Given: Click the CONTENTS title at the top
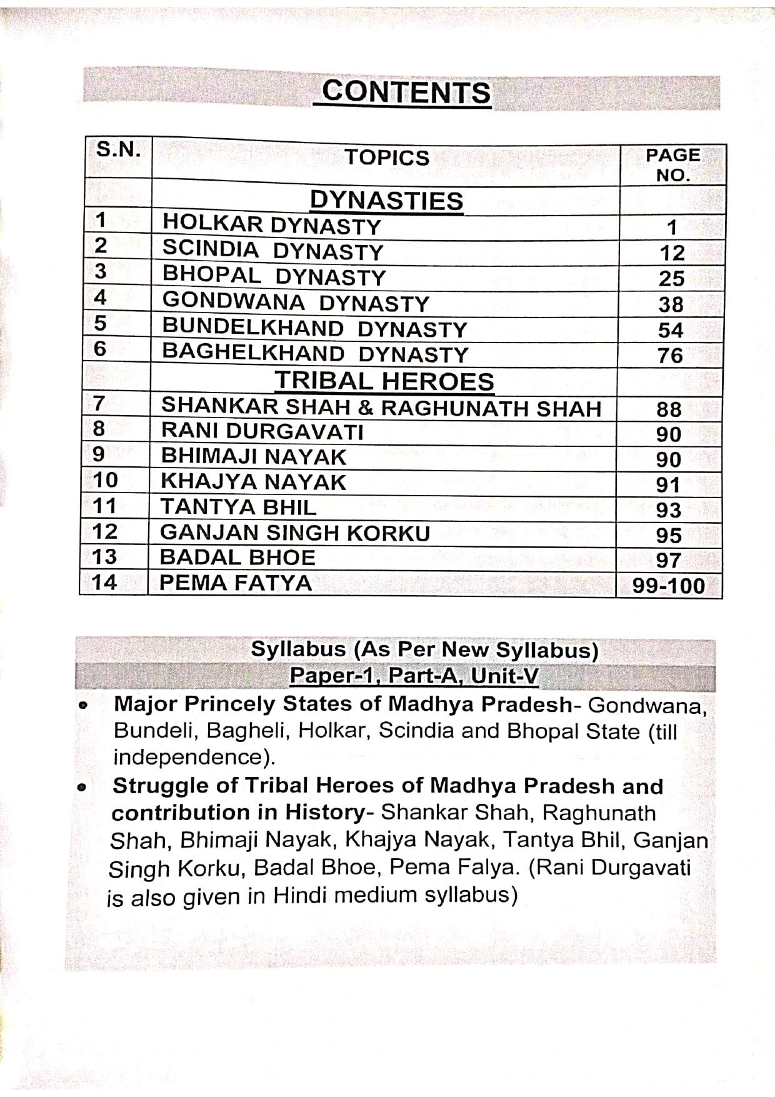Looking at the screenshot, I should (x=406, y=92).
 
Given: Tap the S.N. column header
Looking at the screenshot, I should (x=118, y=150).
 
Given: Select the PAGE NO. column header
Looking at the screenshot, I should (x=672, y=164).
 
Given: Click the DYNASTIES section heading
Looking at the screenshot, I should (x=386, y=201).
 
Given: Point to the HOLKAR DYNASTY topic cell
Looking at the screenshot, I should (x=271, y=225).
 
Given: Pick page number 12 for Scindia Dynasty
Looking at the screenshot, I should (x=672, y=253).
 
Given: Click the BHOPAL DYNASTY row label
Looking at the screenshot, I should (x=274, y=276).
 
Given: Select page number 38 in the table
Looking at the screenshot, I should (x=671, y=304).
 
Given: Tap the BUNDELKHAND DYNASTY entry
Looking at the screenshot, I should (x=314, y=328).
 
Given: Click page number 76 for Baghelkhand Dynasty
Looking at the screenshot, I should (x=670, y=356).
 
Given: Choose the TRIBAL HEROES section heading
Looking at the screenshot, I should (x=384, y=381).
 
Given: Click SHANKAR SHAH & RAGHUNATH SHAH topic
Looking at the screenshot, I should (x=381, y=408).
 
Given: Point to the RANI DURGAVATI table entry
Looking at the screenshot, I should (x=262, y=432).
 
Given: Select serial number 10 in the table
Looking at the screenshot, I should (x=105, y=481).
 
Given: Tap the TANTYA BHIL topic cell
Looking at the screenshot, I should (x=238, y=507).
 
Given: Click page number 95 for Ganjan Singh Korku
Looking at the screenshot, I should (x=669, y=535).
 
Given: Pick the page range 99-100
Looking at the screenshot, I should (x=668, y=586).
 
